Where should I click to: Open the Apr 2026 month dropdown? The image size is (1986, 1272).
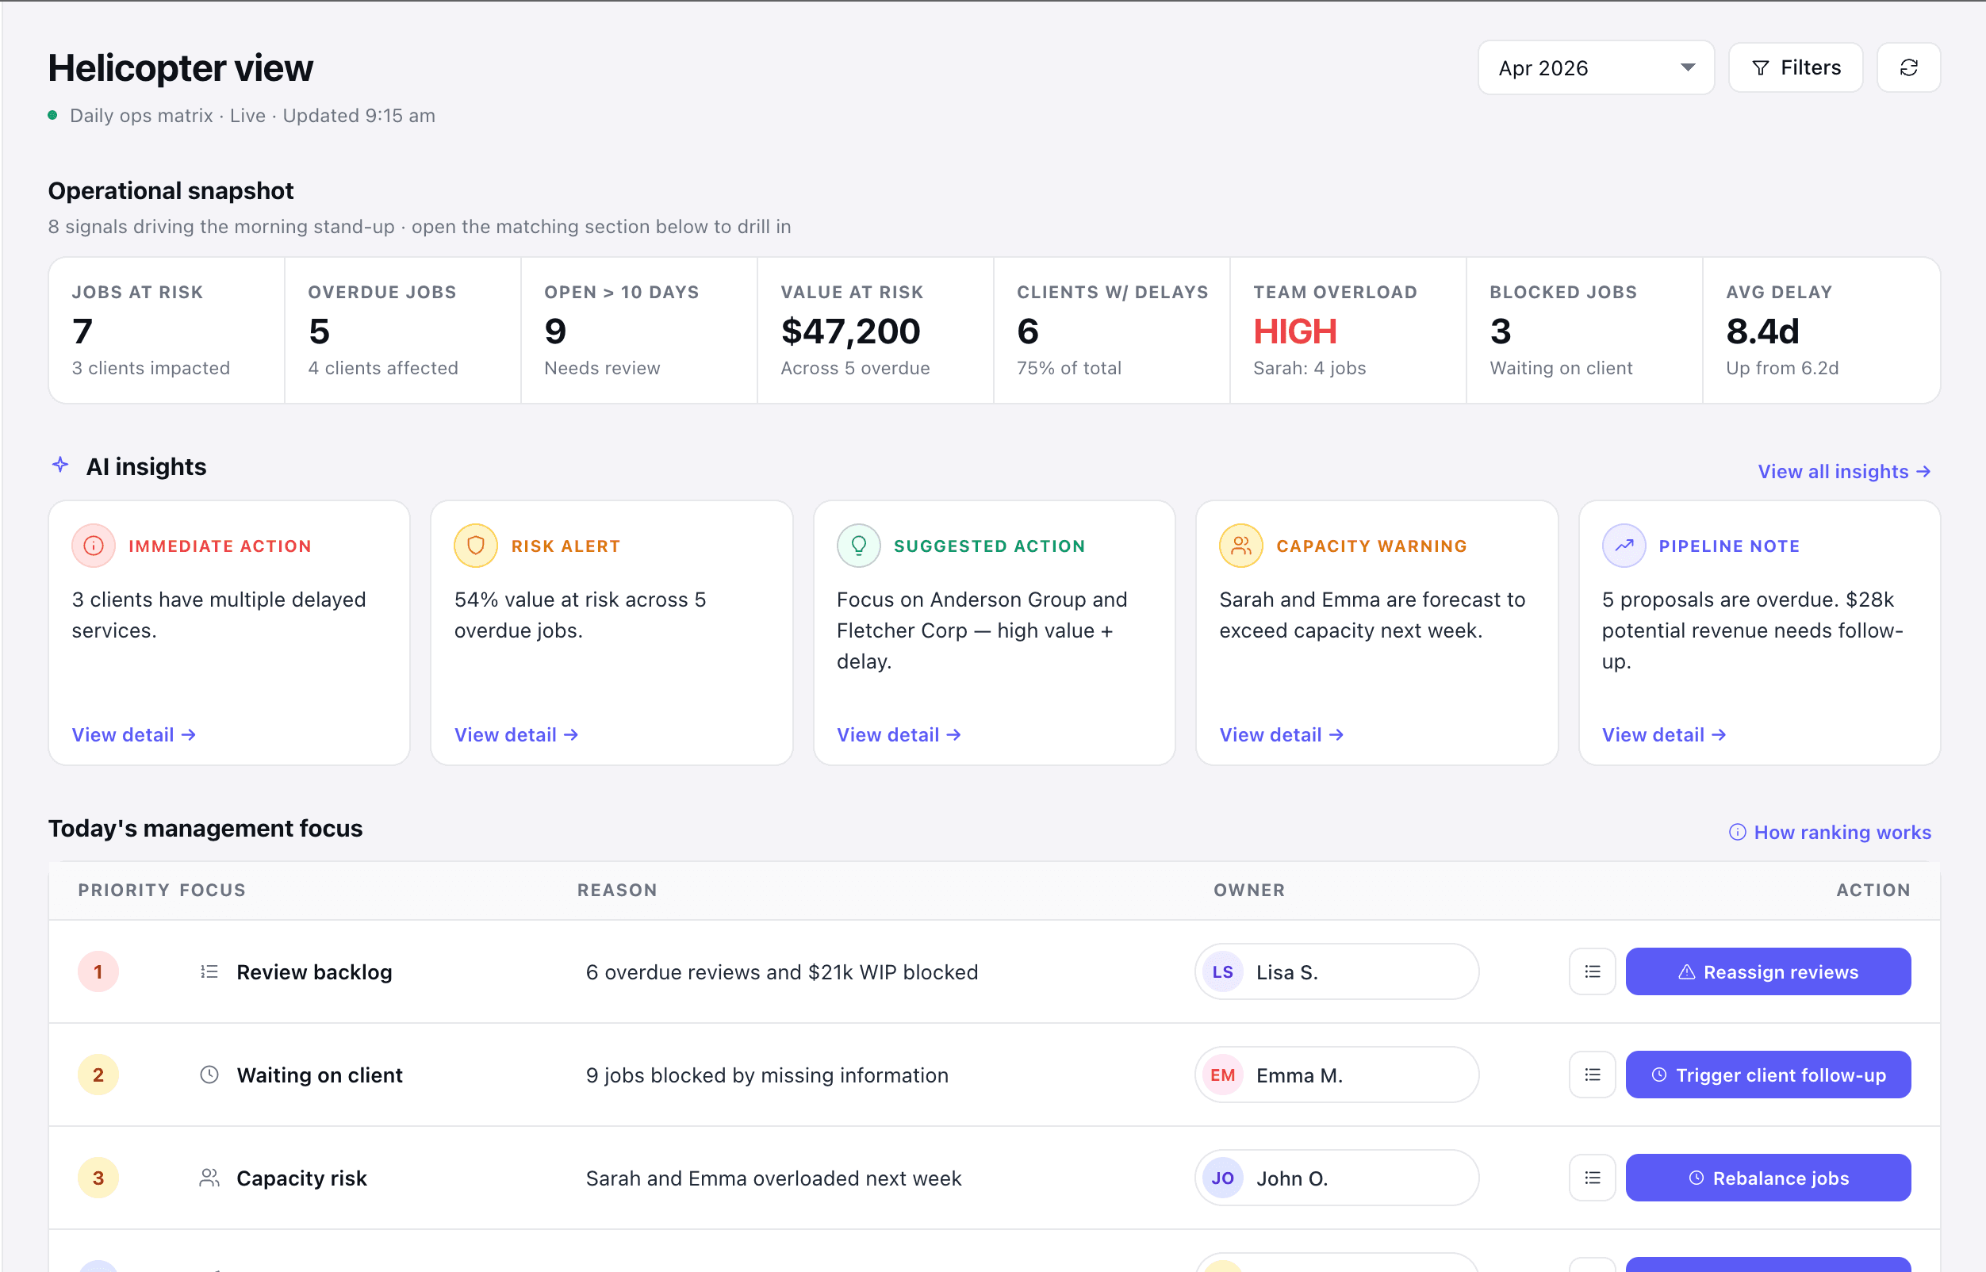[x=1595, y=67]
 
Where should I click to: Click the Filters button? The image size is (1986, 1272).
[x=1795, y=67]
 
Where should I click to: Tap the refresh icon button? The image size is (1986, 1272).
[x=1908, y=67]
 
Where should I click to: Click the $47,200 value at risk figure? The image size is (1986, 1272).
[x=850, y=331]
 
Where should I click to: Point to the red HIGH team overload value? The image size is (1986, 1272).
[x=1294, y=331]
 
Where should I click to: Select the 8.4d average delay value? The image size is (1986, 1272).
[x=1762, y=331]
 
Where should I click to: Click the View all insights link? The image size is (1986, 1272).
[x=1844, y=472]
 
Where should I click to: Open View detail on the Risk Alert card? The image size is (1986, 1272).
[x=516, y=734]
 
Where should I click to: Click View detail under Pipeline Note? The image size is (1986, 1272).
[x=1664, y=734]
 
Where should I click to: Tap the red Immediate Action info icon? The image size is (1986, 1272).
[x=94, y=546]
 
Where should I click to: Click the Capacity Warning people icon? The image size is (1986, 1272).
[x=1240, y=546]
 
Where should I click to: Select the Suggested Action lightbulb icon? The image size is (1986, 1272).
[x=858, y=546]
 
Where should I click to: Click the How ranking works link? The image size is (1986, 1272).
[x=1830, y=832]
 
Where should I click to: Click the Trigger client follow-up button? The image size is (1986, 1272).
[x=1768, y=1075]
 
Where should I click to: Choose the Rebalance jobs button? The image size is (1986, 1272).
[x=1768, y=1178]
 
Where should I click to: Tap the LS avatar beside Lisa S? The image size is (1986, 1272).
[x=1223, y=972]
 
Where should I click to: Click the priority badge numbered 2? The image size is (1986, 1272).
[x=98, y=1075]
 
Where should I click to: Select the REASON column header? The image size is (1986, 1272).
[x=617, y=890]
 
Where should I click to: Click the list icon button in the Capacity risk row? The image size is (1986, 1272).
[x=1592, y=1178]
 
